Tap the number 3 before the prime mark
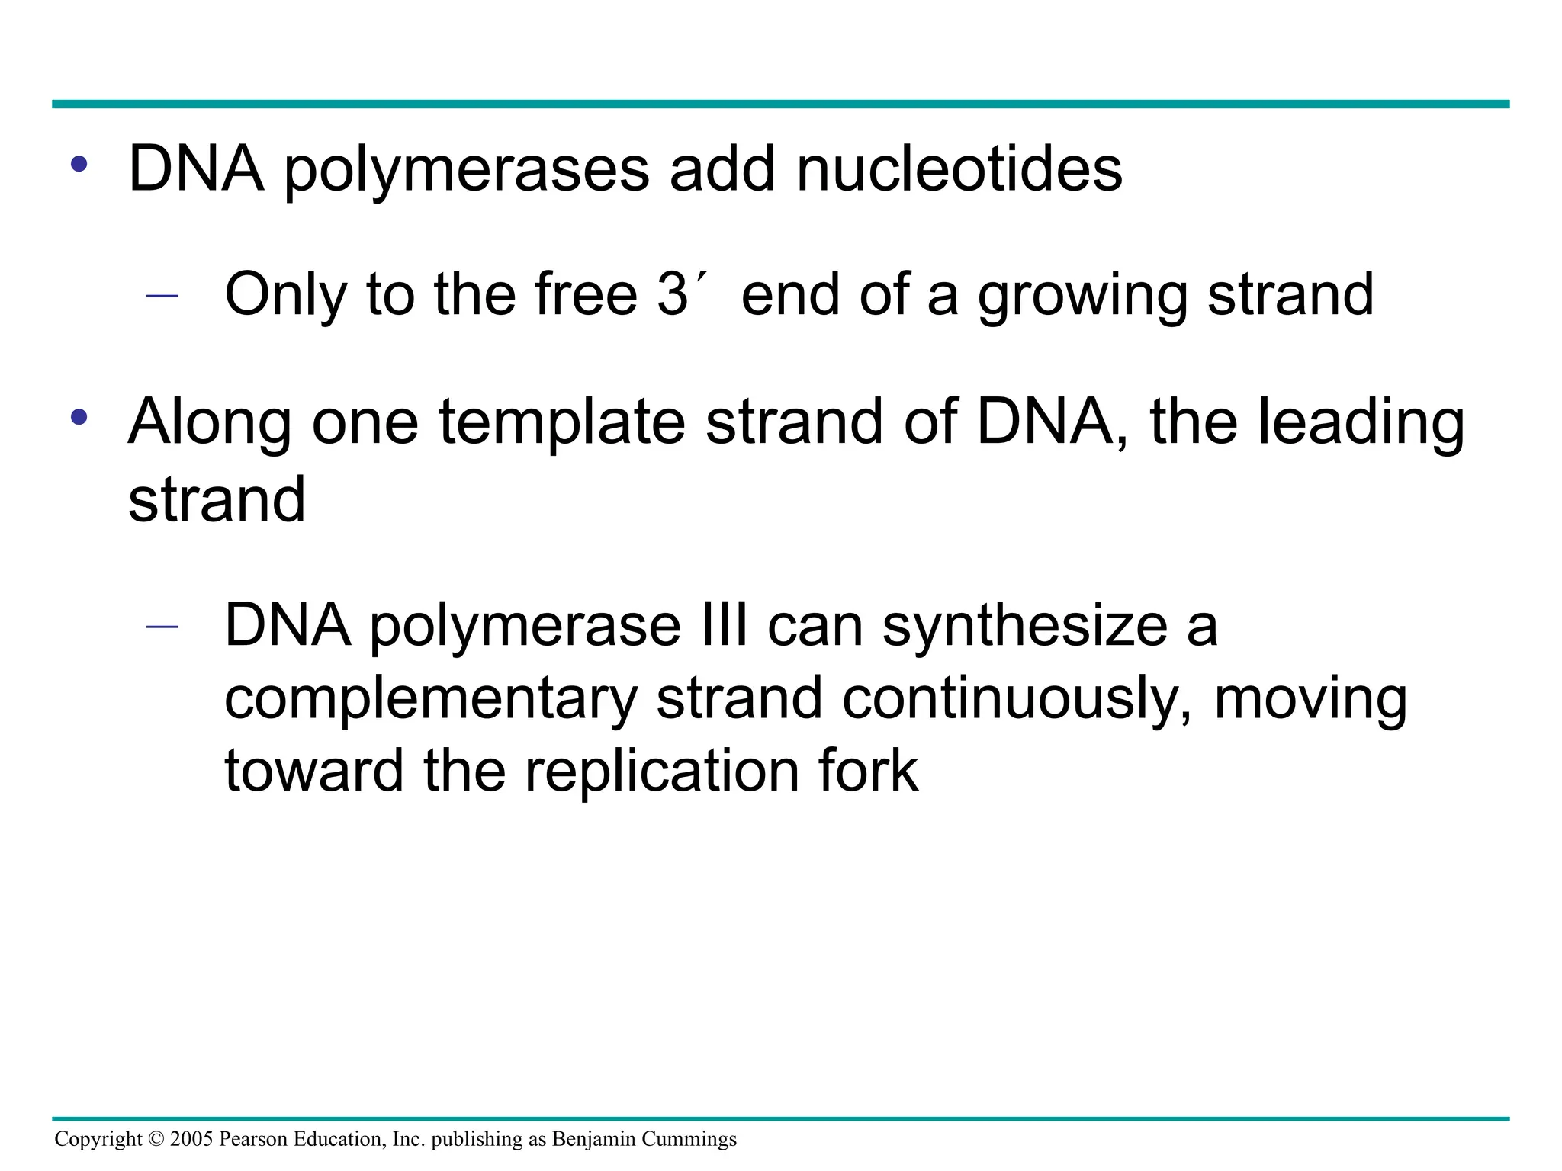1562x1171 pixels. pyautogui.click(x=672, y=294)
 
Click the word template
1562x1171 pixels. pyautogui.click(x=562, y=422)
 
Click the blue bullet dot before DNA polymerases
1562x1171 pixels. pyautogui.click(x=79, y=164)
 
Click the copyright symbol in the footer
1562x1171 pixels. pyautogui.click(x=156, y=1139)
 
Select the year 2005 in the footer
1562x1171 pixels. pyautogui.click(x=191, y=1139)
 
